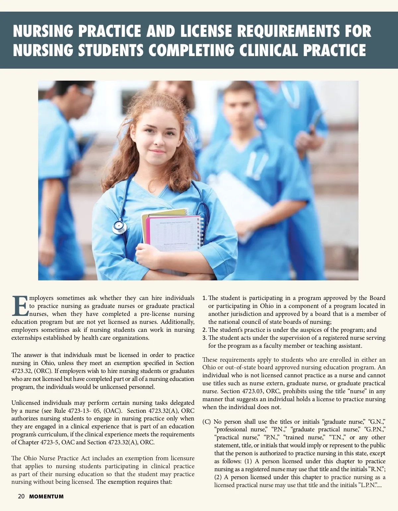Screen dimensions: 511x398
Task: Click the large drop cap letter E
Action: [20, 306]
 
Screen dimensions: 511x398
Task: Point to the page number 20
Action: [21, 496]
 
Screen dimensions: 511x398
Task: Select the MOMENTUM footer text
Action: [46, 497]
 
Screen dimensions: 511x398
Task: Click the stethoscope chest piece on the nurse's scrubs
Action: [119, 227]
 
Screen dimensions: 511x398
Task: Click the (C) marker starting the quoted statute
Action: [206, 422]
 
